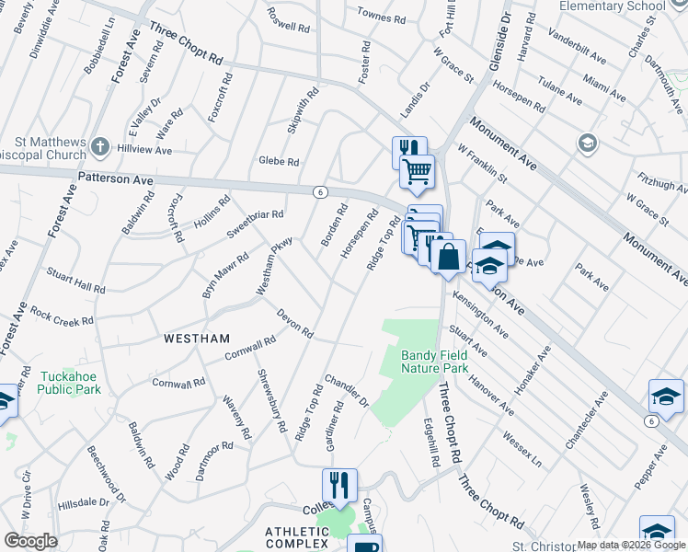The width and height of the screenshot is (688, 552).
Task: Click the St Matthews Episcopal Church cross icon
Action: point(100,146)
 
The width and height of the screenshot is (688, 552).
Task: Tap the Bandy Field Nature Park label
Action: point(434,362)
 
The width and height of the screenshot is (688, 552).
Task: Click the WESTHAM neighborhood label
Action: point(197,339)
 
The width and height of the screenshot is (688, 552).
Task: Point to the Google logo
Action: point(30,541)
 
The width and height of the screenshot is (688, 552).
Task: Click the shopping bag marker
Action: point(448,257)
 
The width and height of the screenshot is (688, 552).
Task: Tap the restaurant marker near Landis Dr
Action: point(408,152)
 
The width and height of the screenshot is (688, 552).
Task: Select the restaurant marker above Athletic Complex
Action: point(338,485)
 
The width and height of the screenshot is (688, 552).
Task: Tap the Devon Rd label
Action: point(295,323)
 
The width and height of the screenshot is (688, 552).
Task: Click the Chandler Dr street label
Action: point(346,390)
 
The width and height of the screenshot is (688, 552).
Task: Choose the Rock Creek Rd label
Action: point(62,316)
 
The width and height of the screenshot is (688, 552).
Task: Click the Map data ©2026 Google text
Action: point(632,545)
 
